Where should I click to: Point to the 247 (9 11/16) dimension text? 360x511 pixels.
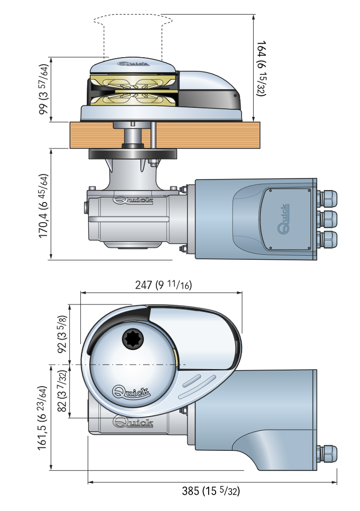click(x=164, y=285)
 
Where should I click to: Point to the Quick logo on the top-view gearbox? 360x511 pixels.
click(x=133, y=422)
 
